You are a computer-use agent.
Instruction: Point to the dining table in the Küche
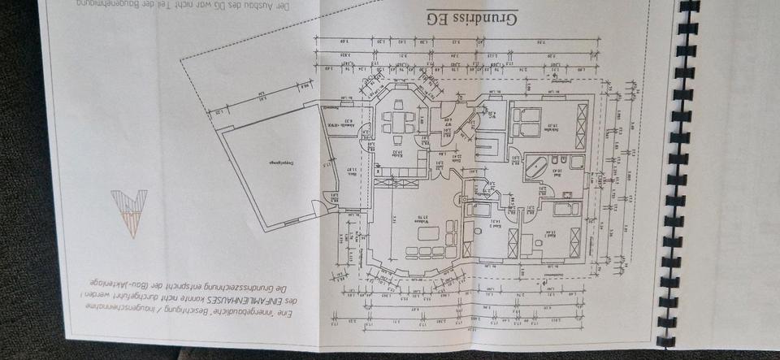pos(398,123)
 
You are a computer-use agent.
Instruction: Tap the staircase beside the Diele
pos(487,147)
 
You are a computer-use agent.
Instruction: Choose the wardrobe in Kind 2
pos(512,242)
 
